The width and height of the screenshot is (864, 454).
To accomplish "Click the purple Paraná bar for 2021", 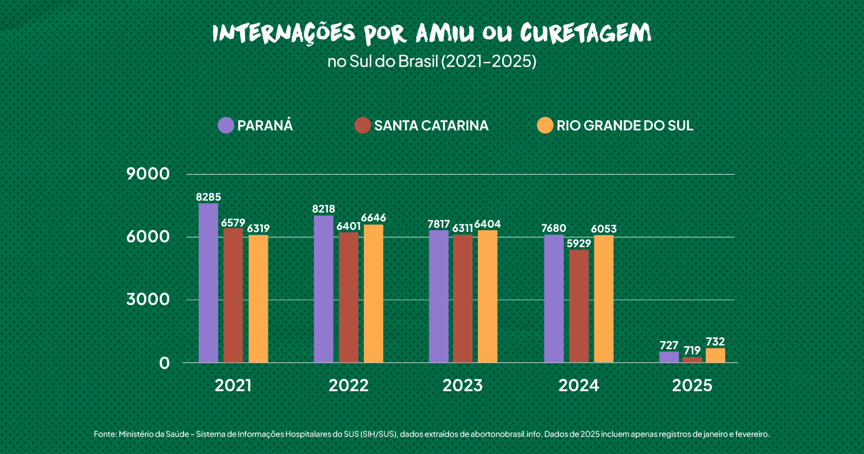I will [208, 283].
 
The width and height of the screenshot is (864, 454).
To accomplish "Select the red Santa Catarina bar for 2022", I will [348, 297].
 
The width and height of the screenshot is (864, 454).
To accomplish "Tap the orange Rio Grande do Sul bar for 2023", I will [488, 296].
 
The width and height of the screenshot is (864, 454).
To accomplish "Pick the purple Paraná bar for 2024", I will [553, 298].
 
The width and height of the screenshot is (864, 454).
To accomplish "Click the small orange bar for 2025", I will [715, 355].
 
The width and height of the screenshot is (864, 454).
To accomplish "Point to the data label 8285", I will [208, 197].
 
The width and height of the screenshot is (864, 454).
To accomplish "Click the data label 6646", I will [374, 218].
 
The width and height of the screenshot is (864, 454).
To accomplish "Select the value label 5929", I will [579, 243].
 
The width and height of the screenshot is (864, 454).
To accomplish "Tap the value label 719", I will [692, 350].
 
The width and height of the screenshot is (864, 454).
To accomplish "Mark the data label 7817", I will [438, 224].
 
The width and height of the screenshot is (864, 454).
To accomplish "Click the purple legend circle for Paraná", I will [226, 125].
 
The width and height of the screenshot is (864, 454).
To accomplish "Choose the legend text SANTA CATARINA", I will [431, 125].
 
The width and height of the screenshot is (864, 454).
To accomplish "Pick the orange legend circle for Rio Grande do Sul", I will [545, 125].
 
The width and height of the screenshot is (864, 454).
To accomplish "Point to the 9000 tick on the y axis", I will [148, 174].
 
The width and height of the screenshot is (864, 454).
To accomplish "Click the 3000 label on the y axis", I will [148, 299].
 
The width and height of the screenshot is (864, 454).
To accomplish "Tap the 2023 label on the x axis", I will [462, 385].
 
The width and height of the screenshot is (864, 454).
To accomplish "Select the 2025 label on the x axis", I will [692, 385].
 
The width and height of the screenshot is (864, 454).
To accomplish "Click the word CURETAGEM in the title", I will [585, 34].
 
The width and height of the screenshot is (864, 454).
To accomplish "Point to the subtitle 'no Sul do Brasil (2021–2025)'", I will [432, 61].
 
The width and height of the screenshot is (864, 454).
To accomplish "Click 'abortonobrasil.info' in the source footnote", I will [505, 434].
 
